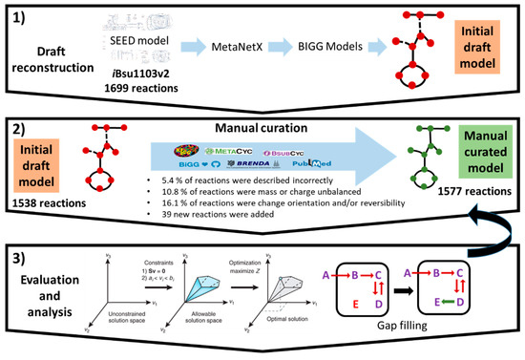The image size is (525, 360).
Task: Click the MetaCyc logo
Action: click(229, 152)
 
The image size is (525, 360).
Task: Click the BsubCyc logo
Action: click(285, 152)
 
